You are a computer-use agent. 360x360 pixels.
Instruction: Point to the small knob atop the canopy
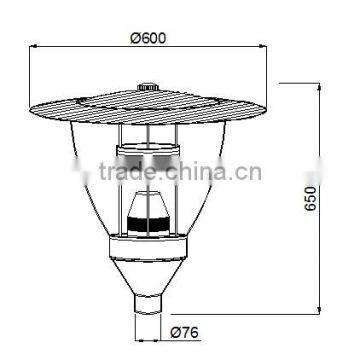pos(152,89)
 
